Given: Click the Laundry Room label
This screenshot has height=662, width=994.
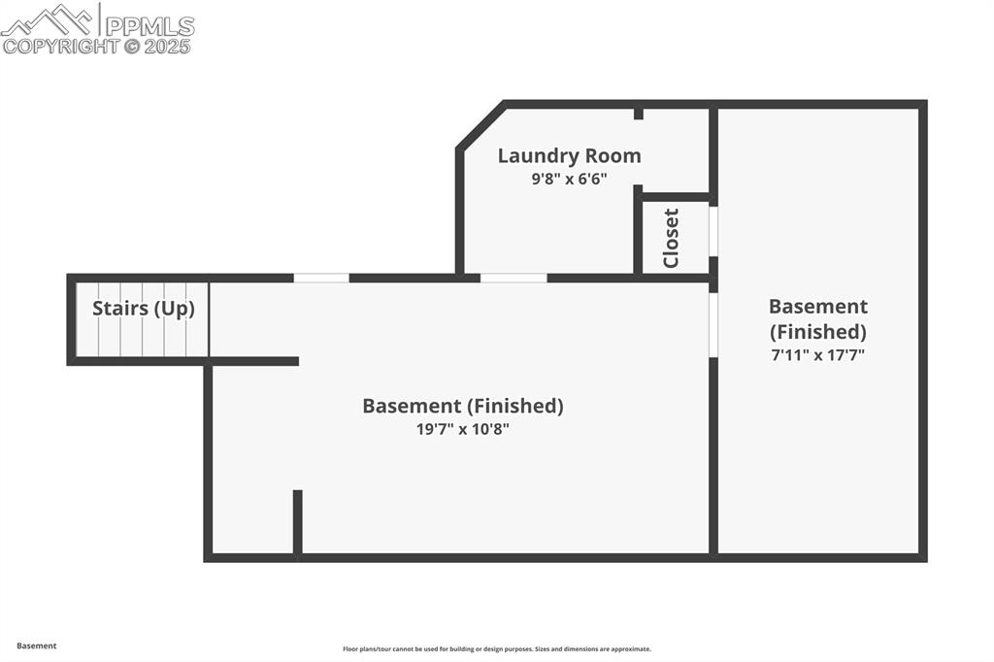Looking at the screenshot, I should tap(569, 155).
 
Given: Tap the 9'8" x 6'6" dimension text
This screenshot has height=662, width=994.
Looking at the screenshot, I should tap(569, 179).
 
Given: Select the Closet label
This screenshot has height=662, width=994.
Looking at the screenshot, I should tap(671, 238).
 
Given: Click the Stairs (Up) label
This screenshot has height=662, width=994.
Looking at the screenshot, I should tap(144, 309).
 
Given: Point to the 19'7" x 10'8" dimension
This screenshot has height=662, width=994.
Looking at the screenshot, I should tap(462, 429).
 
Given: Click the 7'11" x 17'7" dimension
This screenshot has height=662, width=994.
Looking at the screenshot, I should tap(817, 355).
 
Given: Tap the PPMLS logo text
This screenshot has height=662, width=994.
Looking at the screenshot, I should tap(149, 26).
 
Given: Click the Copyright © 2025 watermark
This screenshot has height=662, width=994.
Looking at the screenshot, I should tap(97, 46).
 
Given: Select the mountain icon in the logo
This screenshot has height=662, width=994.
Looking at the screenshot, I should tap(49, 18).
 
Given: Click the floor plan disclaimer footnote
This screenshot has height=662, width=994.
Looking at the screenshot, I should tap(496, 649).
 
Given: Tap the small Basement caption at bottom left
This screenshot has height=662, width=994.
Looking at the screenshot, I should tap(37, 645).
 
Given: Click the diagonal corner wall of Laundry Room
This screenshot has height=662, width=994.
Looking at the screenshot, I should tap(480, 125).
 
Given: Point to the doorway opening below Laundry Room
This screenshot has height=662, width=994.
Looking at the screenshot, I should tap(514, 278).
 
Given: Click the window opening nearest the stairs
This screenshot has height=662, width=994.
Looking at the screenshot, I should tap(321, 278).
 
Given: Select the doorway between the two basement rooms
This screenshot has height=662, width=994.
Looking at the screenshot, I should tap(713, 324).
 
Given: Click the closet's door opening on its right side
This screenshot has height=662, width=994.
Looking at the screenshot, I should tap(713, 231).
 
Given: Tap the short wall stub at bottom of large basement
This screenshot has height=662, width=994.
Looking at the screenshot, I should tap(298, 522).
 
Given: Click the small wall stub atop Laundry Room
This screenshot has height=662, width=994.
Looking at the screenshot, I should tap(639, 114).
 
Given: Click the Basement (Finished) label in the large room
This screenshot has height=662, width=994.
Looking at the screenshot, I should tap(462, 406).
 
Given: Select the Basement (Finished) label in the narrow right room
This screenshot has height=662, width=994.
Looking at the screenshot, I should tap(817, 318).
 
